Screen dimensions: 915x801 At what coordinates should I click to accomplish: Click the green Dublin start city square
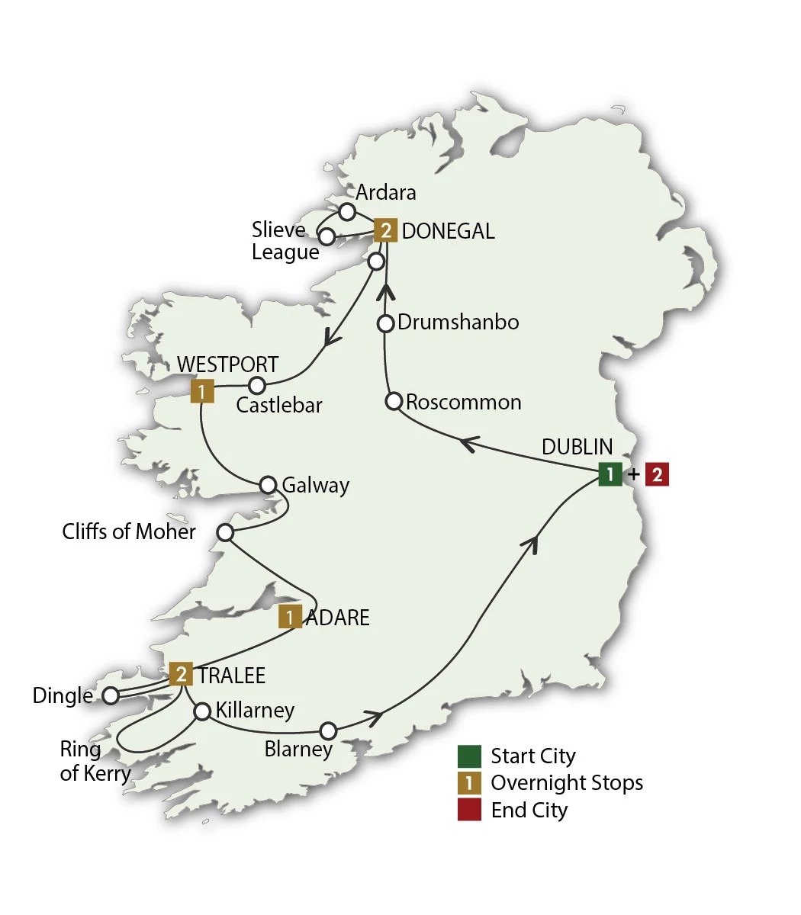point(610,474)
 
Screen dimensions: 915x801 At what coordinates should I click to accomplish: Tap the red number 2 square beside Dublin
point(657,474)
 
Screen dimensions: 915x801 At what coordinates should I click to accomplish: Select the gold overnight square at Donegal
point(386,230)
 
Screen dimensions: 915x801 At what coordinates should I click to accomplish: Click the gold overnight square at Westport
point(201,392)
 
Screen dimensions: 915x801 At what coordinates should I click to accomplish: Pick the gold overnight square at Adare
point(290,617)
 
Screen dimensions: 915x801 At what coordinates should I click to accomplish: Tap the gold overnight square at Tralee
point(181,674)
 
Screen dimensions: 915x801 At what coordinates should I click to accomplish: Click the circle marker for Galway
point(268,485)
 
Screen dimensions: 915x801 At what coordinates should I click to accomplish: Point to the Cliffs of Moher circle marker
point(225,532)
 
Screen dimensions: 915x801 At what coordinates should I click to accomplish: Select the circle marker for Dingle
point(111,695)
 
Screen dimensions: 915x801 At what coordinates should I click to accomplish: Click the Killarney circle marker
point(202,711)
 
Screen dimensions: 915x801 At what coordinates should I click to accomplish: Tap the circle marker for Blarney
point(327,730)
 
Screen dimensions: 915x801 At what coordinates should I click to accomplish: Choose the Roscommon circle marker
point(394,401)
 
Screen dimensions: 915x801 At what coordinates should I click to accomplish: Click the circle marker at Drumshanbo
point(386,323)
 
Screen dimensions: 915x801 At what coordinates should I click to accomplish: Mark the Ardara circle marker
point(347,211)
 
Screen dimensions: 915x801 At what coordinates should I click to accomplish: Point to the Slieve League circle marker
point(327,237)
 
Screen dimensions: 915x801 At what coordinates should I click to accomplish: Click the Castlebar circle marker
point(258,385)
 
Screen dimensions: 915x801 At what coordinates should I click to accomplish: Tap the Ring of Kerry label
point(95,761)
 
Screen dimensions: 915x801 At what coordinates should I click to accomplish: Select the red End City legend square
point(469,810)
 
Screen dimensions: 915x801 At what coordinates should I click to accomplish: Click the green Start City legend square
point(469,756)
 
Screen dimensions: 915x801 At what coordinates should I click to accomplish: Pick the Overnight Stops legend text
point(567,783)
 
